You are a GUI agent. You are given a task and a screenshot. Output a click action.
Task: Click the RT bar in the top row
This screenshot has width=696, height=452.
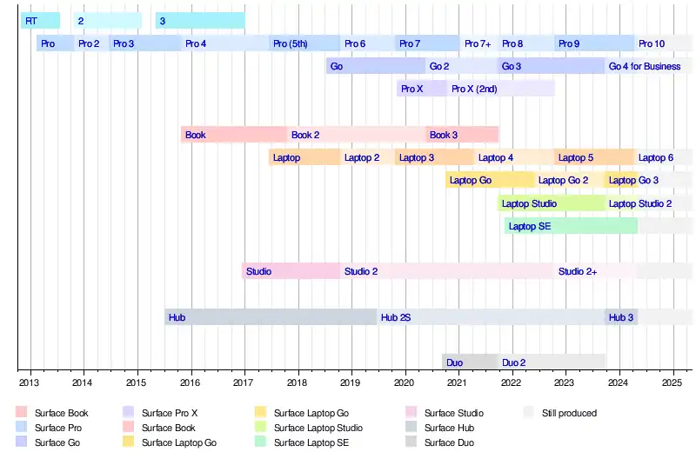pyautogui.click(x=40, y=20)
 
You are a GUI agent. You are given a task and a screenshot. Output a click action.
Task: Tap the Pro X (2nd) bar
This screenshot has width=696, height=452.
pyautogui.click(x=501, y=89)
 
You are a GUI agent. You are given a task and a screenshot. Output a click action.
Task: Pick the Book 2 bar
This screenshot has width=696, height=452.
pyautogui.click(x=357, y=135)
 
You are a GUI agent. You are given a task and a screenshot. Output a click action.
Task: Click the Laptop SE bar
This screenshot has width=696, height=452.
pyautogui.click(x=571, y=226)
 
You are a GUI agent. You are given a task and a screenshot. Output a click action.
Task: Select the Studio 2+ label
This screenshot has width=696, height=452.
pyautogui.click(x=578, y=271)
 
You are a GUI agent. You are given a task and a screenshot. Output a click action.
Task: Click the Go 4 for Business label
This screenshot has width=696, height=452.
pyautogui.click(x=645, y=66)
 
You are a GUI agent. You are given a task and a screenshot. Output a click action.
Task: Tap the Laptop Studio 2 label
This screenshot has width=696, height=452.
pyautogui.click(x=640, y=203)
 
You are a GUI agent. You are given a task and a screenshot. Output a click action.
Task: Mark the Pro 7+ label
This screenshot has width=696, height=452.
pyautogui.click(x=478, y=43)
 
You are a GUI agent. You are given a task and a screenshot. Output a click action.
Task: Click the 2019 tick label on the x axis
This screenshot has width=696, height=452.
pyautogui.click(x=351, y=382)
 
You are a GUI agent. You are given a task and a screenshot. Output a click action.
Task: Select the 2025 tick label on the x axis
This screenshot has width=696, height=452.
pyautogui.click(x=673, y=382)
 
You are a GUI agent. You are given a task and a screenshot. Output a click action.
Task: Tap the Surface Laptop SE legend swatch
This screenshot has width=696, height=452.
pyautogui.click(x=260, y=442)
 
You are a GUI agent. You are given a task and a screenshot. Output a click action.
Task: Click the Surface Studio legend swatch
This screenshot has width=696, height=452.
pyautogui.click(x=412, y=413)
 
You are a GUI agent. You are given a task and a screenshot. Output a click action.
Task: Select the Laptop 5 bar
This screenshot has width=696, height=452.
pyautogui.click(x=594, y=157)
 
